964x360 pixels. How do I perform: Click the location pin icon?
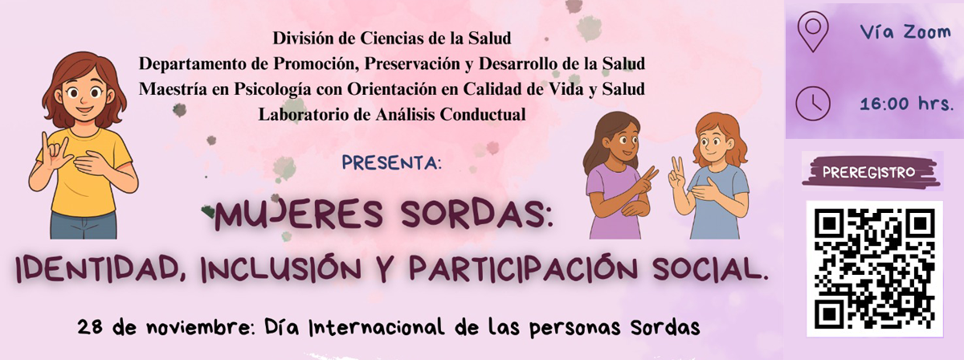pos(812,33)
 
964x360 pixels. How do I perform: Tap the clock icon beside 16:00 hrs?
pos(812,103)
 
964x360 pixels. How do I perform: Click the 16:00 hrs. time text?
pos(906,104)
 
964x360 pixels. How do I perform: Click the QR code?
pos(874,268)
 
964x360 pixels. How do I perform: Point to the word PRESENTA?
pos(392,162)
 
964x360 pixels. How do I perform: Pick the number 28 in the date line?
pos(90,328)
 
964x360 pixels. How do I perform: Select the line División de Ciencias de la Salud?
pos(392,38)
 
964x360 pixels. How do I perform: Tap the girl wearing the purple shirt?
pos(614,181)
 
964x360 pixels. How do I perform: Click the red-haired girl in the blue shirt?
pos(715,181)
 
